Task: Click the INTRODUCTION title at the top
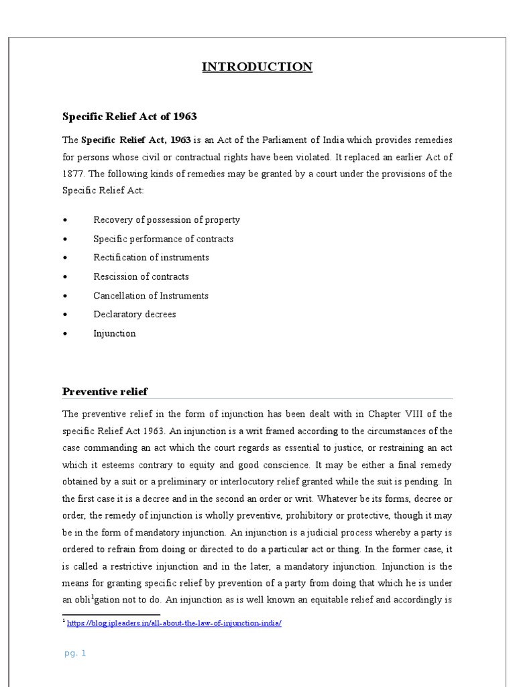pos(257,66)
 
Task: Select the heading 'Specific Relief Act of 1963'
pos(129,117)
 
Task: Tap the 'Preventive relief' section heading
pos(105,391)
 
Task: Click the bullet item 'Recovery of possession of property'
pos(166,220)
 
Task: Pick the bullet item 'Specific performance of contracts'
pos(163,239)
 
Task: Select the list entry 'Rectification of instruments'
pos(151,258)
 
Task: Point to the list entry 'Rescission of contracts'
pos(141,276)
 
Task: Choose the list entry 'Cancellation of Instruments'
pos(151,296)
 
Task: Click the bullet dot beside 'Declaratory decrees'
pos(64,315)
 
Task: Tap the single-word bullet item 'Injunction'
pos(114,333)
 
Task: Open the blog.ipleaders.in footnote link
pos(174,623)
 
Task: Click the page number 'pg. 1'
pos(75,653)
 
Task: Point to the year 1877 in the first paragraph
pos(73,174)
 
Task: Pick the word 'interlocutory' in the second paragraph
pos(254,482)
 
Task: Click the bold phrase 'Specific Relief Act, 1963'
pos(136,140)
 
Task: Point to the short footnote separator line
pos(111,614)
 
